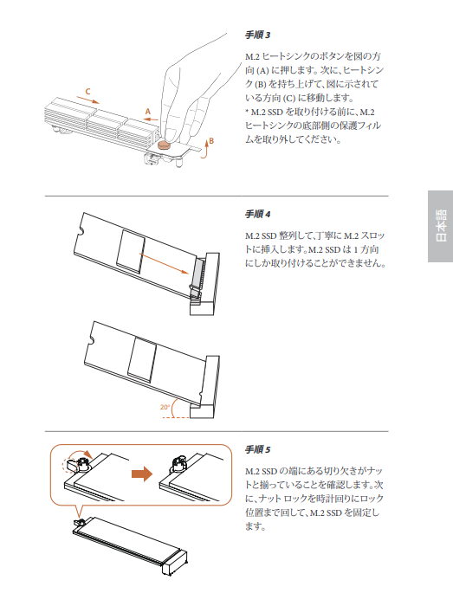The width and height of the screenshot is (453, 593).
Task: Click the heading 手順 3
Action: (257, 35)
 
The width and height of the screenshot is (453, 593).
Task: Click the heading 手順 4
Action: (257, 215)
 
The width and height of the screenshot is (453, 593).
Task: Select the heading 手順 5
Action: (257, 449)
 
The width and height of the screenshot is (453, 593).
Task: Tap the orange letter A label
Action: (148, 112)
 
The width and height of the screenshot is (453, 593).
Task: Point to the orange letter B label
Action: (211, 141)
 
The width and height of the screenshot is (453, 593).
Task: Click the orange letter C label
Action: (87, 91)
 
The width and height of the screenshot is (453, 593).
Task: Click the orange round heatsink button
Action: (164, 145)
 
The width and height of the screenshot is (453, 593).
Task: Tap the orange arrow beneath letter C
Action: (87, 100)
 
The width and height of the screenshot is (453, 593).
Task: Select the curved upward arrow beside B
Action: (204, 150)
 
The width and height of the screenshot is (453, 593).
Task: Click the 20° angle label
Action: (165, 407)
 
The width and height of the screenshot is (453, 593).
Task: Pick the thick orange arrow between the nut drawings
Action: (142, 474)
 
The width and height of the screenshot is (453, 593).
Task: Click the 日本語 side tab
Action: (441, 226)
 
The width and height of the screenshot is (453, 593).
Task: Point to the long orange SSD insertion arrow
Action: (164, 263)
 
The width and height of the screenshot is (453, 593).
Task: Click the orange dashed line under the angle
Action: (176, 417)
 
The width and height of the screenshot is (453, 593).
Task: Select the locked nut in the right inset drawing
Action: (178, 463)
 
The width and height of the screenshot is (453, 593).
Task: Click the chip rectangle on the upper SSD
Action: (131, 252)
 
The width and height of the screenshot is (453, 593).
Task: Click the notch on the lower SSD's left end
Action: (91, 338)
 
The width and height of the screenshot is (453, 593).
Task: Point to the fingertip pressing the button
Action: (171, 135)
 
